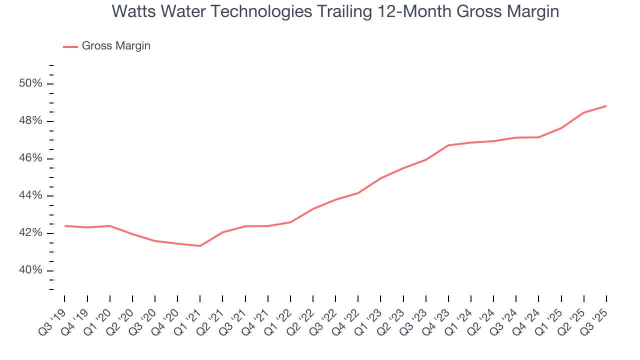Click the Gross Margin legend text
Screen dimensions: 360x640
point(116,46)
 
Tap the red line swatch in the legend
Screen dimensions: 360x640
point(70,46)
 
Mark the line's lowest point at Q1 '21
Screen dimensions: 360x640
point(200,245)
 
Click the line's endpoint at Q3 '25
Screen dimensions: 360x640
point(606,106)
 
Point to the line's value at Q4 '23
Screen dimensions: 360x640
point(448,145)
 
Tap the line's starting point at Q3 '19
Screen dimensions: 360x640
point(65,226)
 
